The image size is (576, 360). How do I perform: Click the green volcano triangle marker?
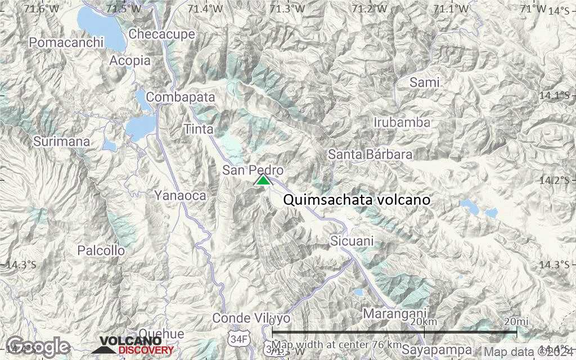pos(263,180)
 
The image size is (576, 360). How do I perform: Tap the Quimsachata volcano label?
pos(357,200)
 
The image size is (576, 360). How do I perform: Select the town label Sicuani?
pos(352,241)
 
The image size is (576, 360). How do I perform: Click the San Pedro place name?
pos(253,170)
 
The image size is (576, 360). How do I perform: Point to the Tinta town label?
pos(199,129)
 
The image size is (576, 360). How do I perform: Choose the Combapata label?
pos(181,97)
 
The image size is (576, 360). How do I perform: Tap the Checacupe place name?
pos(162,34)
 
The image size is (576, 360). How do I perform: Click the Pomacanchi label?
pos(67,42)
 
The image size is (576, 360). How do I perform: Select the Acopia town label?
pos(130,60)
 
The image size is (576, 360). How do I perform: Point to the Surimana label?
pos(61,142)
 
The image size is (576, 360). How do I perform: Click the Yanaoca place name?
pos(180,196)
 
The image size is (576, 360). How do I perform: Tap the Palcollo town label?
pos(101,250)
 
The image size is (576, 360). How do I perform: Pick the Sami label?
pos(424,82)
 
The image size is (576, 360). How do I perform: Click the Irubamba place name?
pos(402,122)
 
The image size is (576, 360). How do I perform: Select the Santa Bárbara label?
pos(370,154)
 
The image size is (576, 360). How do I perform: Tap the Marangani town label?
pos(395,313)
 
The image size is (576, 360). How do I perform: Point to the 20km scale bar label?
pos(424,321)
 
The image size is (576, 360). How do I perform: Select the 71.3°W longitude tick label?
pos(287,9)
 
